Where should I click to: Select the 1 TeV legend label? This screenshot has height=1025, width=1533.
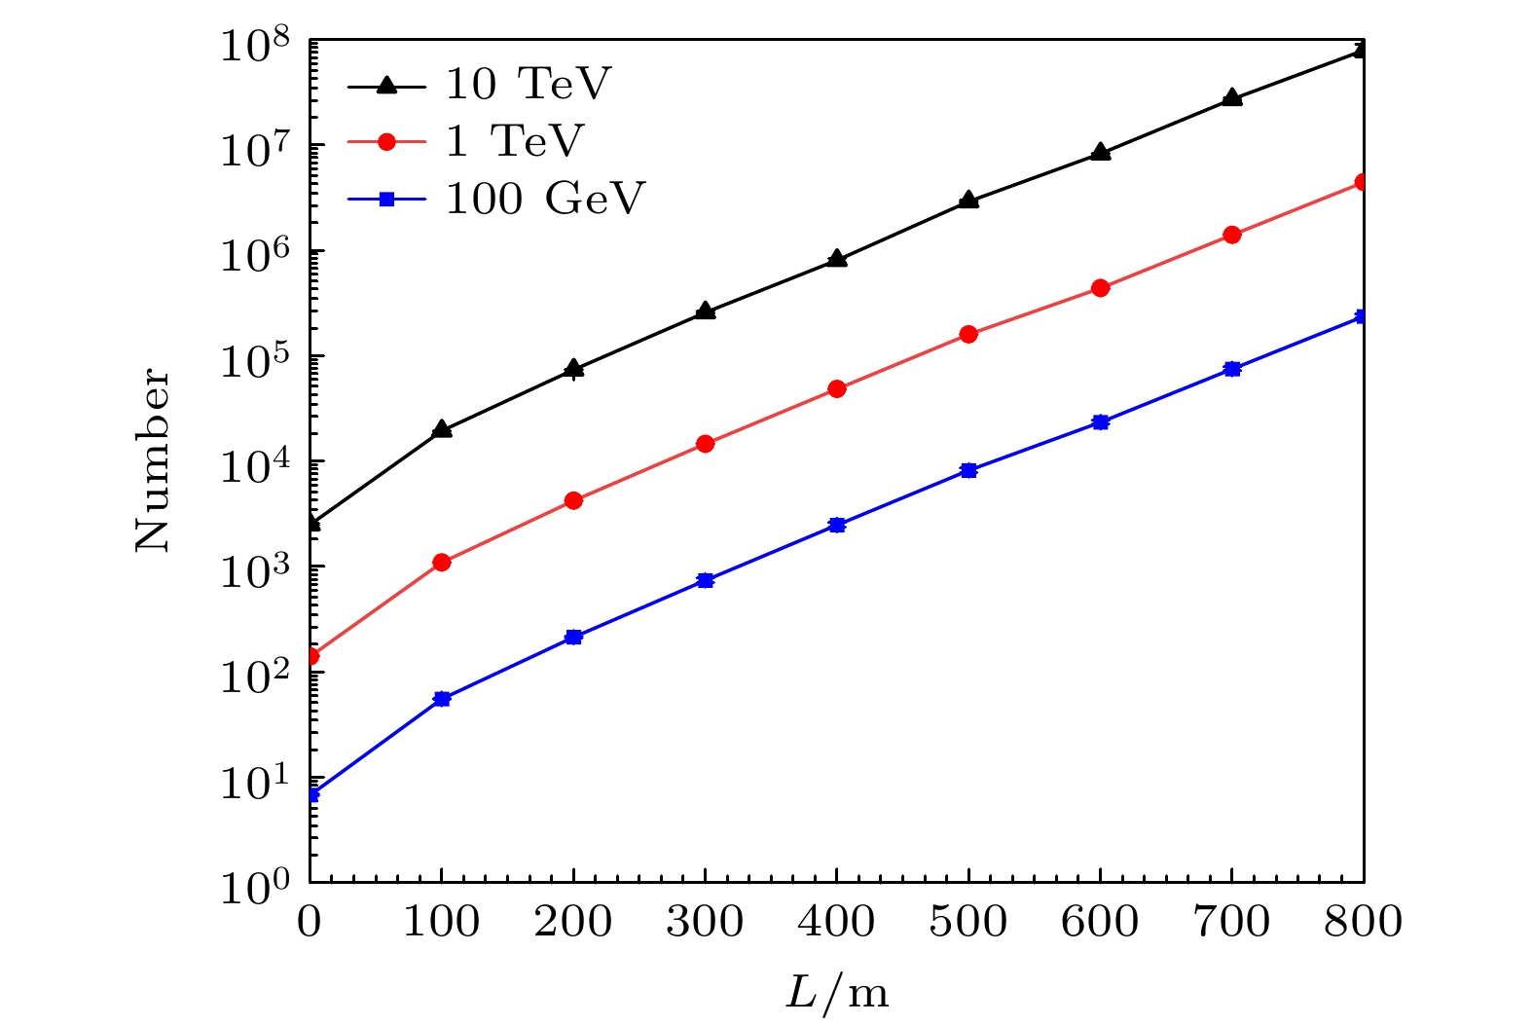[514, 142]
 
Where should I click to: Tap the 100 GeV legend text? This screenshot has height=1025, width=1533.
[545, 199]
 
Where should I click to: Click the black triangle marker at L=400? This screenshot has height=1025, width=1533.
[837, 259]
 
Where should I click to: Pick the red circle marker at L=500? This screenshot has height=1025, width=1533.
[968, 334]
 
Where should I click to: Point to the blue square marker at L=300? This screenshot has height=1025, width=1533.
[706, 580]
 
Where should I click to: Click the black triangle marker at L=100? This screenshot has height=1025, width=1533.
[442, 429]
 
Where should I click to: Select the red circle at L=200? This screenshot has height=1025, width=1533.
[573, 500]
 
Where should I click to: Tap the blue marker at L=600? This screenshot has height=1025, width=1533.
[1101, 421]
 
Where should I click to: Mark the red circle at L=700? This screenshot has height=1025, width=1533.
[1232, 235]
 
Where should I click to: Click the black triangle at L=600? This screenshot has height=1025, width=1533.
[1101, 152]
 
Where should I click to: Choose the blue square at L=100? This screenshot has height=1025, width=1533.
[442, 698]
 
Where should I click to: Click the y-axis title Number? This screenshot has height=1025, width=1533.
[153, 459]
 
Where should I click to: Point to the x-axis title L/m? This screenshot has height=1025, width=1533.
[837, 994]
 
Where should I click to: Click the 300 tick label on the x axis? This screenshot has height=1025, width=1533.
[706, 921]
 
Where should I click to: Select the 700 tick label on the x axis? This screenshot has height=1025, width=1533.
[1232, 921]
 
